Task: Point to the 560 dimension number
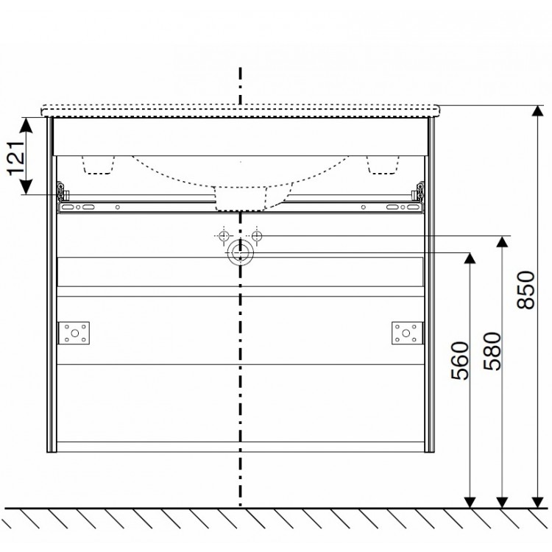pos(459,361)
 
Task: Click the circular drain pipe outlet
pos(240,253)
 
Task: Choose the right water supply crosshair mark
pos(257,236)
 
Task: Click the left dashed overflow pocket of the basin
pos(100,164)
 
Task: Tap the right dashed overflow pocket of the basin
pos(383,164)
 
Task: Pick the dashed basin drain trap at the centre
pos(240,197)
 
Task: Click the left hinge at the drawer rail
pos(62,195)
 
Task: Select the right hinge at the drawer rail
pos(419,191)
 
